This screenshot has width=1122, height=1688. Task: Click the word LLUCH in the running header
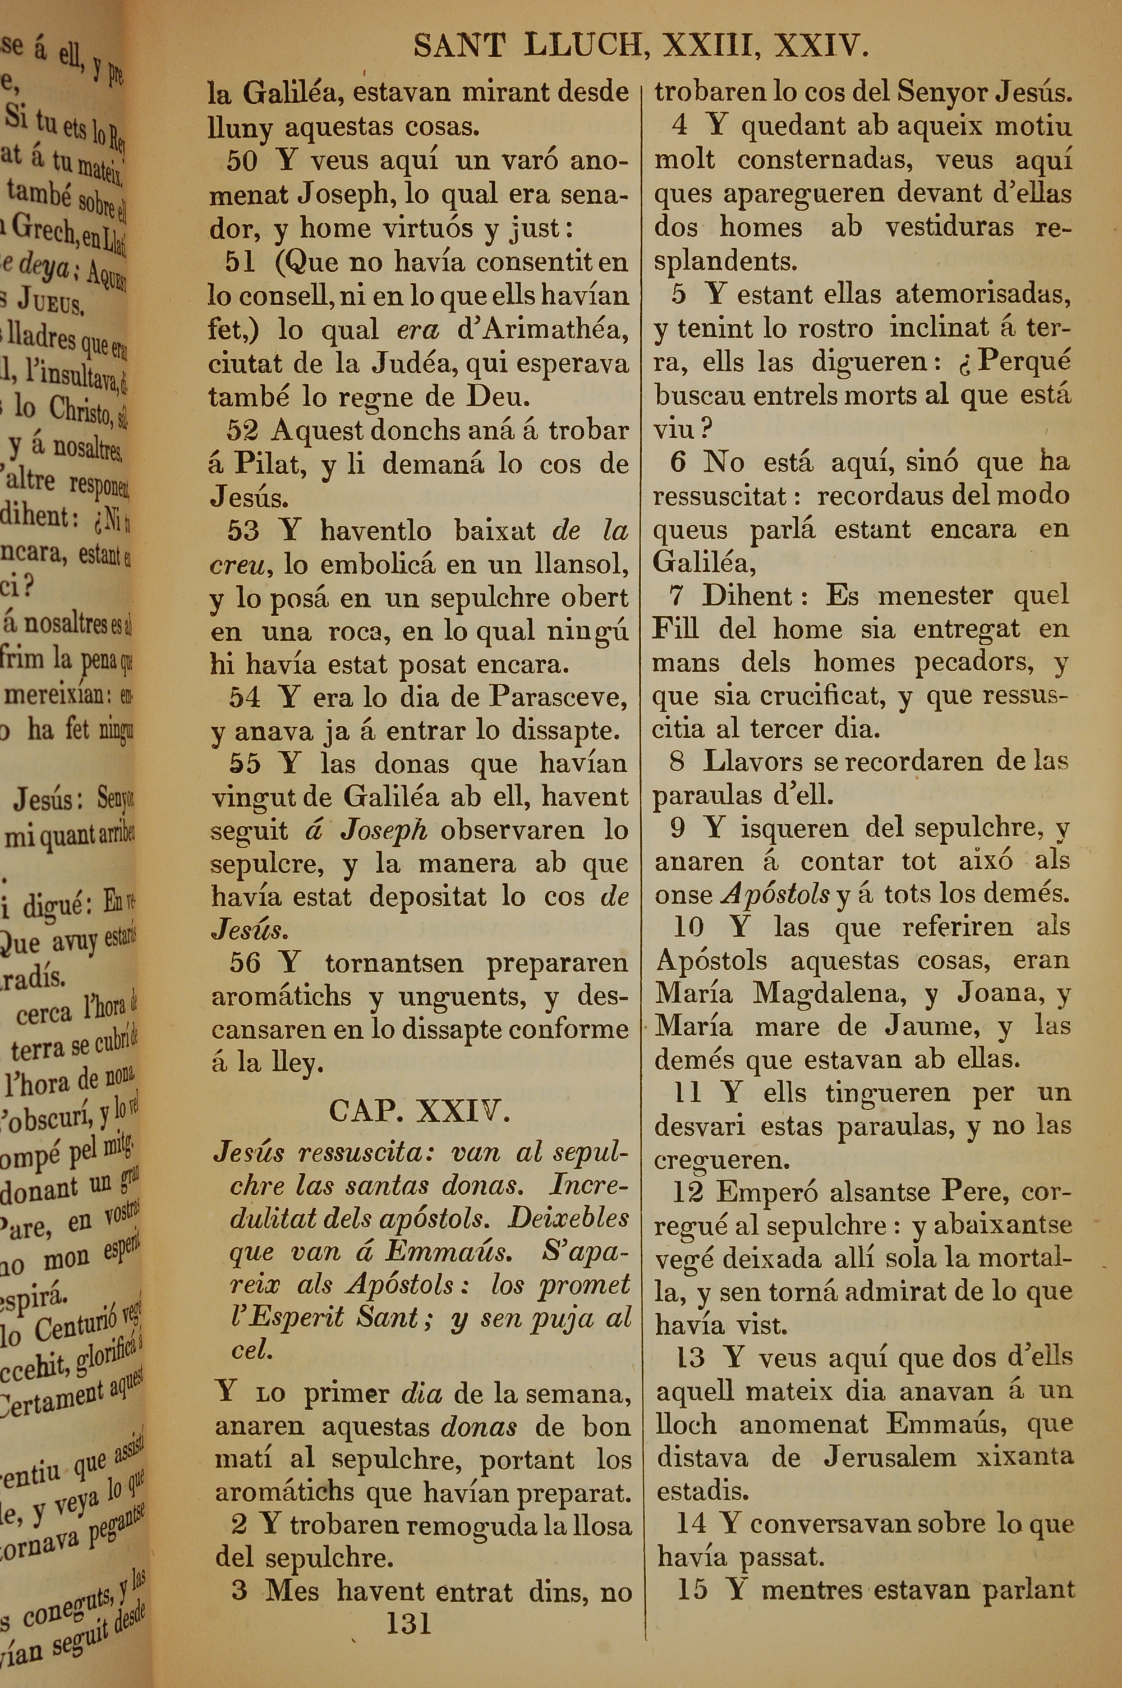pos(582,47)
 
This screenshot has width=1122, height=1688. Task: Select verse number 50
pos(241,161)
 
